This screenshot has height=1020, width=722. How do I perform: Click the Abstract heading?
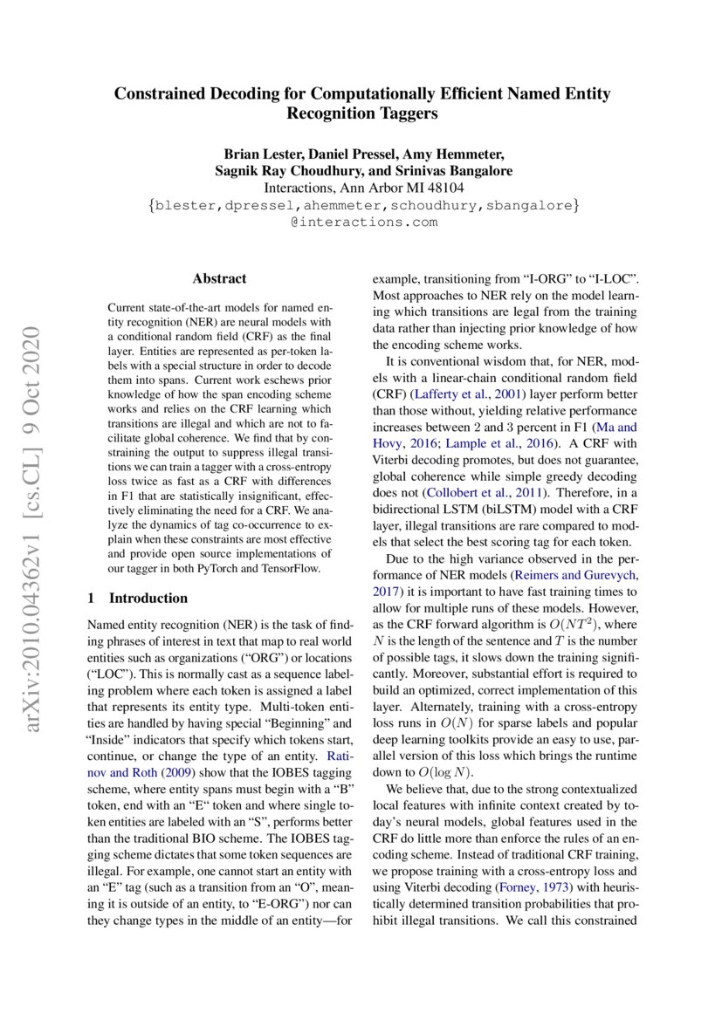[x=219, y=279]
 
